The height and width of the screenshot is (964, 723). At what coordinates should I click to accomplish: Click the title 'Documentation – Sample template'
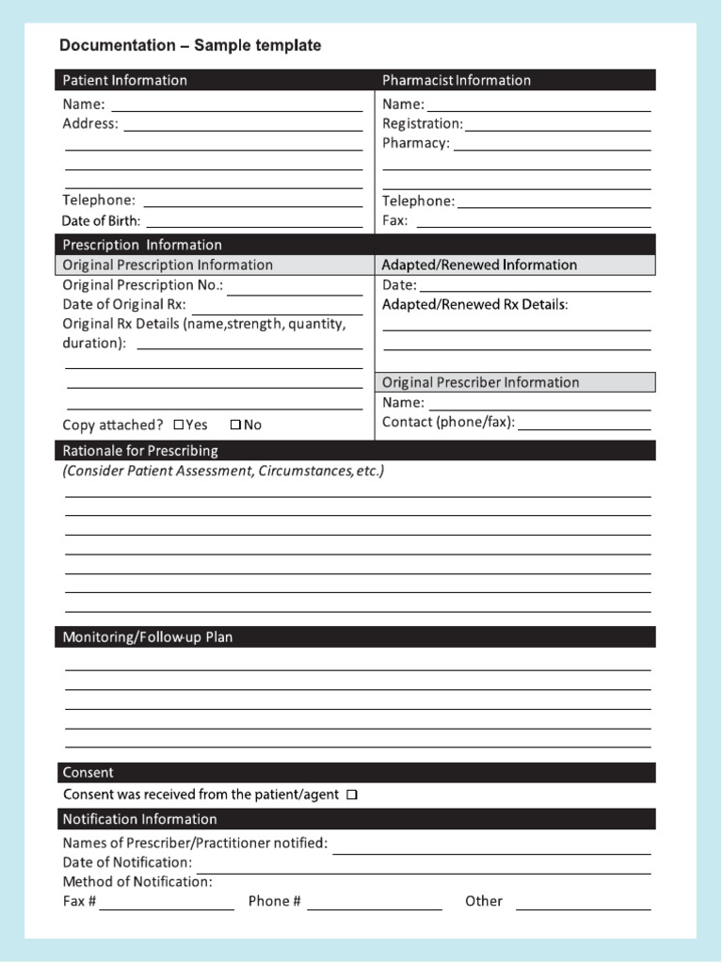(x=190, y=45)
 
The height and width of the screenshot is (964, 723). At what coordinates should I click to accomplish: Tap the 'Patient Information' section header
(x=124, y=80)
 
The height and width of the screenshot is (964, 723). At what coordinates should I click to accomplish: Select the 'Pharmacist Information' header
(x=456, y=80)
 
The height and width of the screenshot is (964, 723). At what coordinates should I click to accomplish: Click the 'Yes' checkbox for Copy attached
(x=178, y=425)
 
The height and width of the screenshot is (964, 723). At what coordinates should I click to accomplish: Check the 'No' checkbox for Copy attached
(x=235, y=425)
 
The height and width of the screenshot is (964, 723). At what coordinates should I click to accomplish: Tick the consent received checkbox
(x=352, y=795)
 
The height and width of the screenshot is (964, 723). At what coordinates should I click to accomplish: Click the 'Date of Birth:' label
(x=101, y=221)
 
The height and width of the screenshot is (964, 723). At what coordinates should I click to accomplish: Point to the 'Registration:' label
(x=423, y=123)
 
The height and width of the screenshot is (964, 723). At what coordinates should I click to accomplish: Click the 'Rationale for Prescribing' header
(x=140, y=451)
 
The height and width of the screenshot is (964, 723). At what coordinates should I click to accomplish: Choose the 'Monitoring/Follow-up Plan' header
(x=147, y=637)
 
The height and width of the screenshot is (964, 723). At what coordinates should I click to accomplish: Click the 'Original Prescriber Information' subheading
(x=480, y=382)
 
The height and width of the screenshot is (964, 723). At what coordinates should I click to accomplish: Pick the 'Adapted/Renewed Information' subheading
(x=479, y=265)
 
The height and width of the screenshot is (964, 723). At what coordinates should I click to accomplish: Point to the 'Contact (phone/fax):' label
(x=448, y=422)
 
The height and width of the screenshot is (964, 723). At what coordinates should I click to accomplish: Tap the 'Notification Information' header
(x=139, y=819)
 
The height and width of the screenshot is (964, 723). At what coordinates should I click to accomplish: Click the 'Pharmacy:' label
(x=416, y=143)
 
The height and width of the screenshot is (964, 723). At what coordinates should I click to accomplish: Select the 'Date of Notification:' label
(x=127, y=862)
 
